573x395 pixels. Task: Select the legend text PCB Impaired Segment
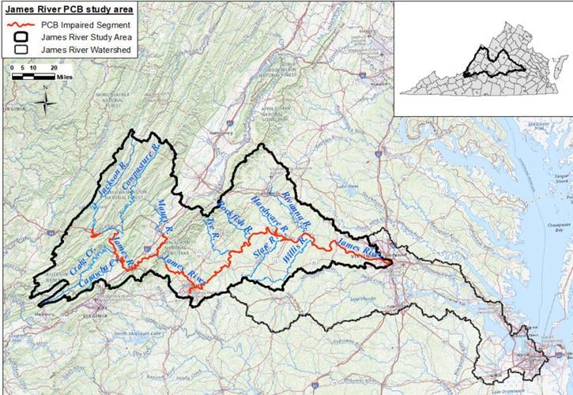point(77,24)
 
